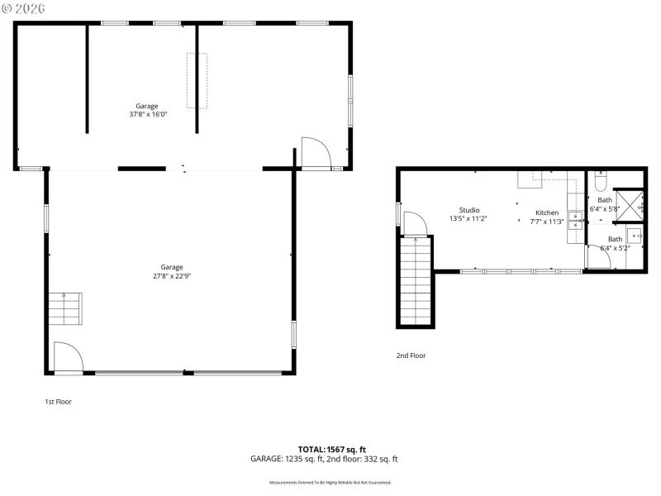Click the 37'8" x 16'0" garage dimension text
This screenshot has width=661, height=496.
click(x=147, y=115)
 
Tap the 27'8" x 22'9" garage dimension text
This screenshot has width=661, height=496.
click(x=172, y=276)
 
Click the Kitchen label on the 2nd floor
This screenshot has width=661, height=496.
click(x=546, y=212)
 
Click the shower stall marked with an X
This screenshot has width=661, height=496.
click(x=630, y=203)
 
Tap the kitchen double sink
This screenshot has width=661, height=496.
click(x=576, y=220)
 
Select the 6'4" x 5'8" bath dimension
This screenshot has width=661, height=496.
click(x=605, y=209)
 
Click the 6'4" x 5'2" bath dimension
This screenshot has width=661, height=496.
click(x=615, y=248)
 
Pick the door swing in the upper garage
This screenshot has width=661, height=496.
click(x=315, y=153)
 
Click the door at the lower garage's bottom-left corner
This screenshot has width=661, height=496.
click(x=67, y=358)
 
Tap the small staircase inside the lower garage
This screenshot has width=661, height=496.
click(x=64, y=308)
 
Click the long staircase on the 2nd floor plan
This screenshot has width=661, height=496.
click(x=416, y=281)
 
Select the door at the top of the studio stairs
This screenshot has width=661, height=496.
click(x=414, y=223)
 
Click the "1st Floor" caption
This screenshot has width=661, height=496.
click(x=58, y=402)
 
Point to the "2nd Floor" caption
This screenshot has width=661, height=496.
click(x=411, y=355)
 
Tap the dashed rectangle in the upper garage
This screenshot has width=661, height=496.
click(x=197, y=80)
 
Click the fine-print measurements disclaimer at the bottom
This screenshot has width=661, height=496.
click(x=330, y=482)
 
